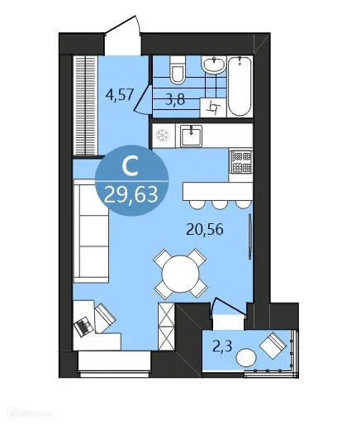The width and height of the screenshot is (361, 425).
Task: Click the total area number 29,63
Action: (x=130, y=195)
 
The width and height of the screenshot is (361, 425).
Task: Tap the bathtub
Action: (x=238, y=86)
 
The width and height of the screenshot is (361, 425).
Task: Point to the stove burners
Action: (x=240, y=161)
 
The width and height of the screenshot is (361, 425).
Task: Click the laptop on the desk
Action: (x=85, y=325)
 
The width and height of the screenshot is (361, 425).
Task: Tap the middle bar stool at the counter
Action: (x=220, y=204)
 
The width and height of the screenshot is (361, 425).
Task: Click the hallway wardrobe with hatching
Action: (x=84, y=103)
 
